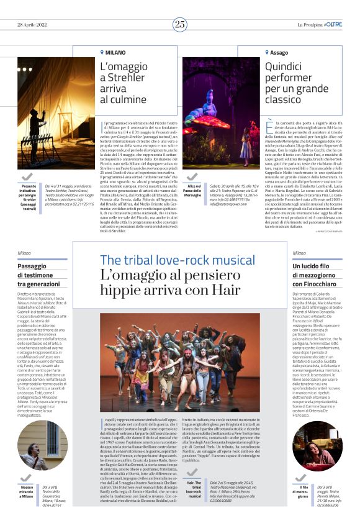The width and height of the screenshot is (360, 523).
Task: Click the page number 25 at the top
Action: (x=180, y=25)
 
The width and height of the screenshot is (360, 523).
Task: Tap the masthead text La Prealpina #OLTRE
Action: (x=319, y=25)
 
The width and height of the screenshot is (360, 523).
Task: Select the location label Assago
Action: (x=279, y=53)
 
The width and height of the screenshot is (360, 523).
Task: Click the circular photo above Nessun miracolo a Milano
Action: (x=42, y=445)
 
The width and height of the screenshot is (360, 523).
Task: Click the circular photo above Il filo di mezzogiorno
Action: (x=317, y=445)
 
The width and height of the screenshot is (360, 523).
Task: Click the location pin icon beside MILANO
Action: (x=102, y=53)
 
